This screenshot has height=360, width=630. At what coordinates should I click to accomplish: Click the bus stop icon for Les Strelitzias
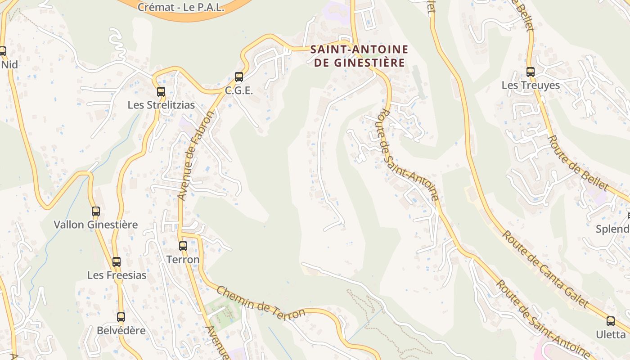coord(161,92)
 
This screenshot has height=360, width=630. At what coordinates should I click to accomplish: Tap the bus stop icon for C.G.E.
coord(239,77)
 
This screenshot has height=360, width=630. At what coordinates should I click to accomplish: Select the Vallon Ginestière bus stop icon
coord(95,211)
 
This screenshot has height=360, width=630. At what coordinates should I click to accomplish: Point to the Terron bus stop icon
coord(183,246)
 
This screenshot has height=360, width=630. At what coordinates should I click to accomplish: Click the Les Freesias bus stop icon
coord(117,262)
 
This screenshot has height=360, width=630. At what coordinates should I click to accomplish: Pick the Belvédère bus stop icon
coord(121,317)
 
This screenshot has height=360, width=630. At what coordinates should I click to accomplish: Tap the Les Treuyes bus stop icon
coord(531,72)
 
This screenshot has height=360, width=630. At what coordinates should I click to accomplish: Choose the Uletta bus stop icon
coord(610,321)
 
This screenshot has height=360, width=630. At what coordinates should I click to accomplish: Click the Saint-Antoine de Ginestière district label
coord(359,56)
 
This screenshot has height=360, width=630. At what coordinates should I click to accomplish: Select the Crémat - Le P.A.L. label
coord(181,7)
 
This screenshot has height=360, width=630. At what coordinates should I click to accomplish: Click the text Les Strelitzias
coord(161,105)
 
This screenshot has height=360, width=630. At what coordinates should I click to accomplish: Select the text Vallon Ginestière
coord(96,225)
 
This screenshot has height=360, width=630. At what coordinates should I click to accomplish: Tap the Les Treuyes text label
coord(531,85)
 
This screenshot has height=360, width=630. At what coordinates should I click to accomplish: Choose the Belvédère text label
coord(121,330)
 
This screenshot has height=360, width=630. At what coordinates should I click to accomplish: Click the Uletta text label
coord(611,334)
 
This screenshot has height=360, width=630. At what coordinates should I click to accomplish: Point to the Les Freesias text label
coord(117,275)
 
